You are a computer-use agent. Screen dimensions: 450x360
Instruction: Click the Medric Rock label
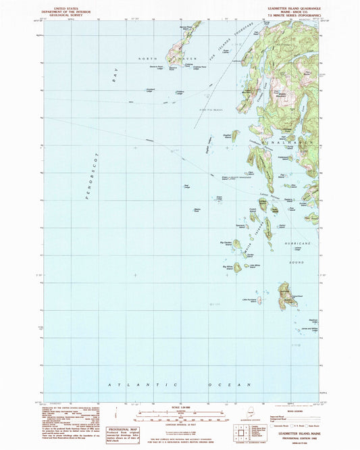197,210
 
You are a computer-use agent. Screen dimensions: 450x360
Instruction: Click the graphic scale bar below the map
180,413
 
